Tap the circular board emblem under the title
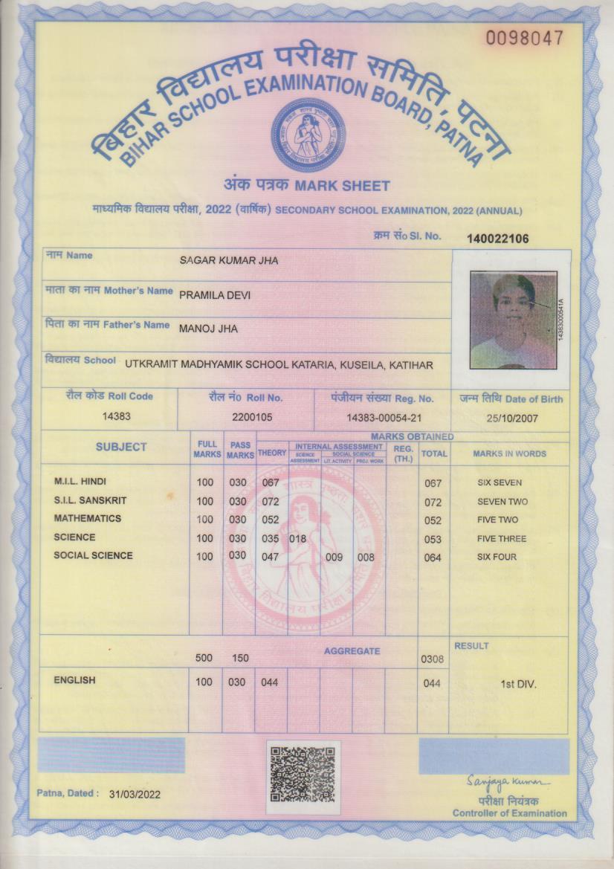307,135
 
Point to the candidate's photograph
514,320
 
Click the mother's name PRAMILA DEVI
215,295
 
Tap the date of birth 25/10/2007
511,418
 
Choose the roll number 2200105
252,418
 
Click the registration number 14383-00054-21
384,418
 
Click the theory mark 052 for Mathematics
270,520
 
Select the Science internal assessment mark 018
297,538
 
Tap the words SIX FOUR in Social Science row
497,557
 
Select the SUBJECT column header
121,447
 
